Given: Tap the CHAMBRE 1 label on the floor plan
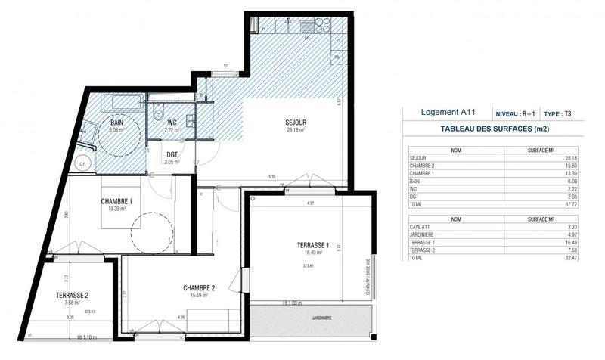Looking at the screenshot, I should pos(117,201).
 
